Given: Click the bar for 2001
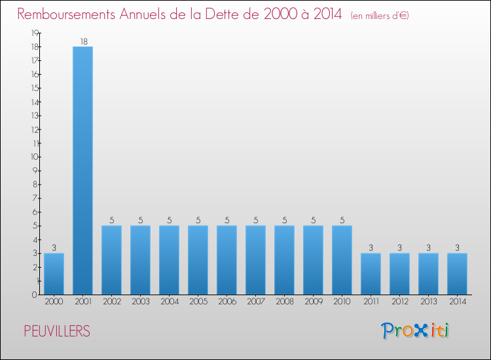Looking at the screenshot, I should tap(82, 170).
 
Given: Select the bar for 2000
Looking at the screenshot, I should tap(54, 274).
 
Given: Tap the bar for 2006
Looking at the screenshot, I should tap(227, 260).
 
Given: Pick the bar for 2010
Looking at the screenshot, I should tap(342, 260).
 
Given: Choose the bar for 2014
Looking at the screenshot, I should tap(457, 274).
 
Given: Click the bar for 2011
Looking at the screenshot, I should tap(371, 274).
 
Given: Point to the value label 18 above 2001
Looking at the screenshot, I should tap(83, 42).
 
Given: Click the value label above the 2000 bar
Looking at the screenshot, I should tap(54, 248).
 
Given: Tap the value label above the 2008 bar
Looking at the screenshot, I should tap(284, 221).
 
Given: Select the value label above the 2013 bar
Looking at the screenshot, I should tap(428, 248).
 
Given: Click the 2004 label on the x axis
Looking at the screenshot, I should tap(169, 302).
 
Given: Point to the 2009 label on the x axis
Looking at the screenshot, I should tap(313, 302).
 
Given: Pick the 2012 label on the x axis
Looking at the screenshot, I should tap(399, 302).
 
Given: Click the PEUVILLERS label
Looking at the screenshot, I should tap(56, 332).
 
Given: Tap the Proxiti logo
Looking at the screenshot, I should tap(416, 331).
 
